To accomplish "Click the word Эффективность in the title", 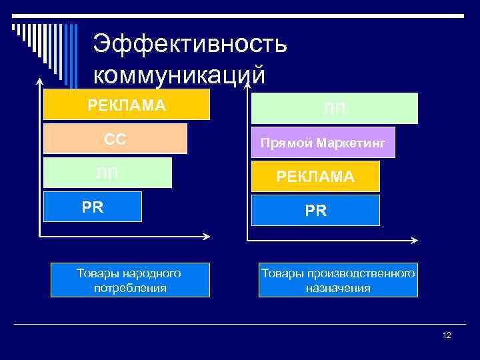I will point(190,45).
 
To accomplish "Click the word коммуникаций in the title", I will point(179,74).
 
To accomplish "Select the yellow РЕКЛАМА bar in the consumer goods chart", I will point(127,105).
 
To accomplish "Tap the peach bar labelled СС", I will point(115,139).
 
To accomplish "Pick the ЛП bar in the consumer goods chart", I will point(107,173).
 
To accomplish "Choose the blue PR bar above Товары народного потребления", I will point(93,207).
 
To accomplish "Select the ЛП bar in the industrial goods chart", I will point(335,109).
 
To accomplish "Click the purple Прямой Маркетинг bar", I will point(323,143).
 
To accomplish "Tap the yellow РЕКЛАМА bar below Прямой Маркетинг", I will point(315,177).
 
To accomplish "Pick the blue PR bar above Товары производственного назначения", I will point(315,211).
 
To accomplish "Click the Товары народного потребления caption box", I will point(130,280).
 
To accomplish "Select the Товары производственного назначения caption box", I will point(338,280).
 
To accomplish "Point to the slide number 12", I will point(447,335).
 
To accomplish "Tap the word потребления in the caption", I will point(130,288).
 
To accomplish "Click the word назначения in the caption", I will point(338,288).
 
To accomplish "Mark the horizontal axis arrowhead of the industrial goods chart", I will point(415,241).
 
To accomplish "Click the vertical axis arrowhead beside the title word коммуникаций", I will point(248,83).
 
